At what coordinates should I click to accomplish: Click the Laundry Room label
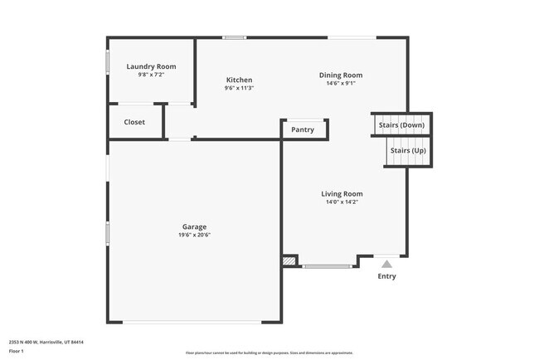pos(151,66)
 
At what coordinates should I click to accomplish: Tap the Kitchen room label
pos(239,80)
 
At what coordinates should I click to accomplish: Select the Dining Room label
pos(341,75)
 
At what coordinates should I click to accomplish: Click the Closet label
pos(134,122)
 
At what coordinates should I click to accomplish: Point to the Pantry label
pos(303,129)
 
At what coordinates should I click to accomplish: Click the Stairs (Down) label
pos(401,125)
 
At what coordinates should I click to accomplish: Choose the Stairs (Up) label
pos(407,150)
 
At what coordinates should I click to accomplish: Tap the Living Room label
pos(342,194)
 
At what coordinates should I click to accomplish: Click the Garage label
pos(195,226)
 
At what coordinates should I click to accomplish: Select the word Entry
pos(386,276)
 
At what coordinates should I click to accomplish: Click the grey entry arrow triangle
pos(386,264)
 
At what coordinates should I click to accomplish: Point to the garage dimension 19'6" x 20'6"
pos(195,235)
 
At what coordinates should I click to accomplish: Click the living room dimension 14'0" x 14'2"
pos(342,202)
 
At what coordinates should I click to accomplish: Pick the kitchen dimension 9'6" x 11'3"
pos(239,88)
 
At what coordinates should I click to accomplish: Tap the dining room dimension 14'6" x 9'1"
pos(341,83)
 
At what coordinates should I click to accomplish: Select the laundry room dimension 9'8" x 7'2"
pos(151,75)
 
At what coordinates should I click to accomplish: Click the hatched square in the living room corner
pos(289,260)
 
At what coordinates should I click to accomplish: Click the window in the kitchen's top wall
pos(235,37)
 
